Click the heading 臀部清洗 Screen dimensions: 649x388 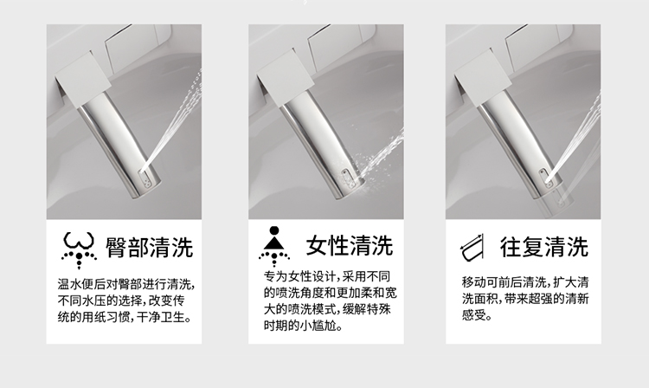(150, 247)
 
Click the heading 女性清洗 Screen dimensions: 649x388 (350, 246)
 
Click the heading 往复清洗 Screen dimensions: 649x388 (544, 247)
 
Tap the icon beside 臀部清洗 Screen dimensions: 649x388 (79, 250)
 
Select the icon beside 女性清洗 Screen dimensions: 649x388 (274, 246)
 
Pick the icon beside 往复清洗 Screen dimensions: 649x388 (472, 248)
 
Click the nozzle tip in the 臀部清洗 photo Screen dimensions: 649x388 (146, 181)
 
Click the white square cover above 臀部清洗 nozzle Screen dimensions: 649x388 (83, 80)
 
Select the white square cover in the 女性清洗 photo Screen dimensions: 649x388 (286, 80)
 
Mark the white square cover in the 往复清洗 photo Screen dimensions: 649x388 (483, 80)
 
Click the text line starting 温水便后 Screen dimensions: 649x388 (126, 284)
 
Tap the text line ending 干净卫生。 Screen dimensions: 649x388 (125, 318)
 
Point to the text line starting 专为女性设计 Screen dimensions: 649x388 (327, 276)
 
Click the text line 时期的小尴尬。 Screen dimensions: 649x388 (304, 326)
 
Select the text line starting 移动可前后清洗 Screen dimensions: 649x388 (525, 282)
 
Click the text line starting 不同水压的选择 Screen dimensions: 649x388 (121, 301)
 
